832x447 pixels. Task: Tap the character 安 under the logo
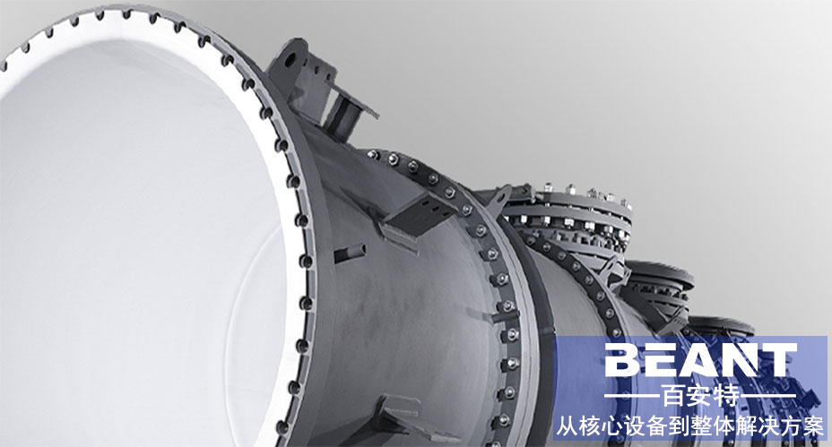[700, 396]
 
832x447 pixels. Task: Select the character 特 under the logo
[727, 396]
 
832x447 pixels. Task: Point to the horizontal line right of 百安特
[769, 396]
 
